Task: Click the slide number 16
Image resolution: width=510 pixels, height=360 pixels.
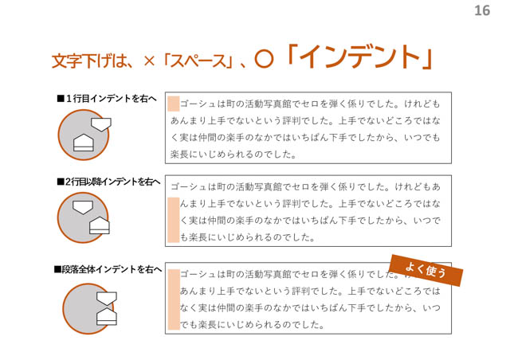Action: tap(482, 10)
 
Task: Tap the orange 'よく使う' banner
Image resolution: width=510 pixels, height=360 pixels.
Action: tap(426, 270)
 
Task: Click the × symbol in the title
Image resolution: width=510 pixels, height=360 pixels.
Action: tap(149, 61)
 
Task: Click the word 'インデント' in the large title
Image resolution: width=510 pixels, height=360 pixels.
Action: tap(360, 57)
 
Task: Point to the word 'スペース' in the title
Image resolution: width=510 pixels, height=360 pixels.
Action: tap(198, 61)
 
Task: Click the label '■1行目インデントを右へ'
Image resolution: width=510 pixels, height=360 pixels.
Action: tap(106, 98)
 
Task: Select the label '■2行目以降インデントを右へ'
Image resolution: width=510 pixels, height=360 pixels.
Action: tap(108, 182)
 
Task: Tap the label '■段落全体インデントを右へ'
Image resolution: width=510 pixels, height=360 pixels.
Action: tap(108, 269)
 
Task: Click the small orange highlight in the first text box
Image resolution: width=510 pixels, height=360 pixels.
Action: tap(174, 104)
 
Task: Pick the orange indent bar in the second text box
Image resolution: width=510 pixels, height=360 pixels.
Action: tap(174, 220)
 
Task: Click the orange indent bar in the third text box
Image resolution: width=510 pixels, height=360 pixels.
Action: tap(174, 299)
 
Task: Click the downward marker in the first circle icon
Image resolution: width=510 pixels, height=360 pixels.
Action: tap(101, 124)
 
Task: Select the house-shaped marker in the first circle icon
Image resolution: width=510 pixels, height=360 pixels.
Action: tap(84, 143)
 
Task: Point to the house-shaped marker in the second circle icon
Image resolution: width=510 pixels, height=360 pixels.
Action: tap(100, 225)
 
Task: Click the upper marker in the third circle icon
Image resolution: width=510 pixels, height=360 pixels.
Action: tap(107, 299)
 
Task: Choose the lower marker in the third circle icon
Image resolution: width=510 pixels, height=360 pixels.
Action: tap(107, 316)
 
